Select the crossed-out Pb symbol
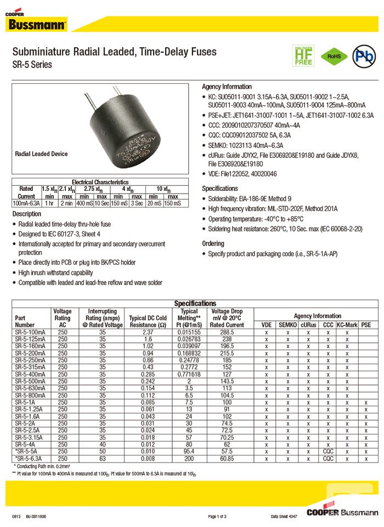(x=363, y=56)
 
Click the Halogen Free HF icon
(x=303, y=55)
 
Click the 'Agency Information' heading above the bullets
(x=227, y=87)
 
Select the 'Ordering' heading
(x=213, y=243)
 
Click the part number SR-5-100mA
(x=31, y=332)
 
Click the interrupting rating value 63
(x=102, y=458)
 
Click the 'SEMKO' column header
(x=287, y=325)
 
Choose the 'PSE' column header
(x=366, y=325)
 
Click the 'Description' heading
(x=27, y=214)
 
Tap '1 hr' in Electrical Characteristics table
(x=49, y=203)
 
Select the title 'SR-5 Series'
(x=32, y=65)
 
